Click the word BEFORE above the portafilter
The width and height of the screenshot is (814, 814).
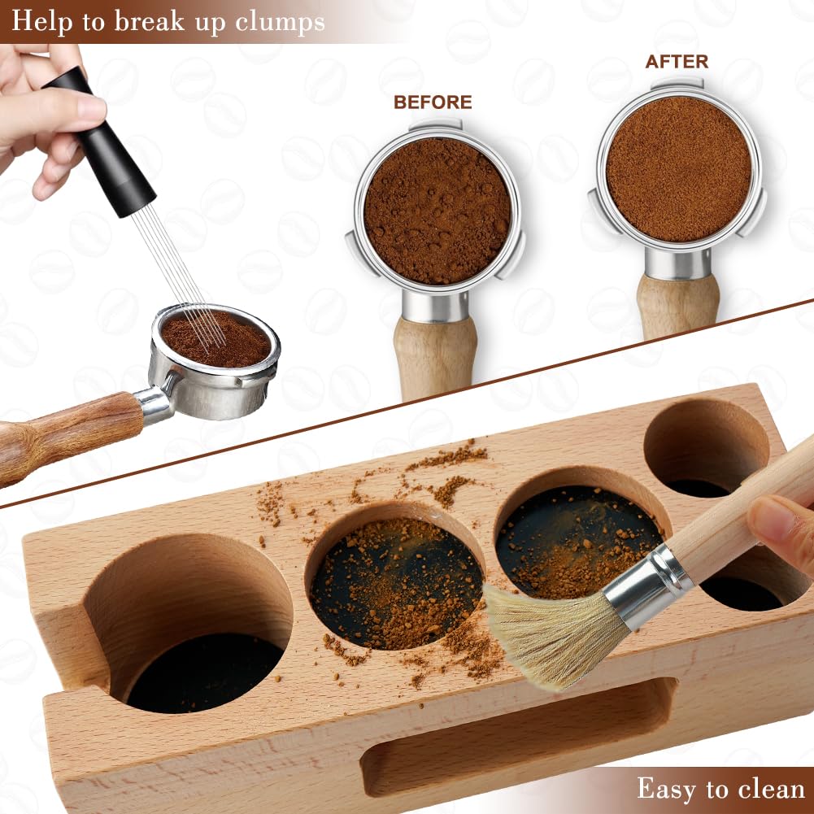click(433, 102)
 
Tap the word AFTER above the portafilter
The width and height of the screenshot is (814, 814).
click(677, 62)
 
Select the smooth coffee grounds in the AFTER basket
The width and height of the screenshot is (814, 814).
click(678, 169)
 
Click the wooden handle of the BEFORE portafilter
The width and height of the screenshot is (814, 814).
click(435, 358)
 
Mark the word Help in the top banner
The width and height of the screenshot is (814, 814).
click(39, 22)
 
